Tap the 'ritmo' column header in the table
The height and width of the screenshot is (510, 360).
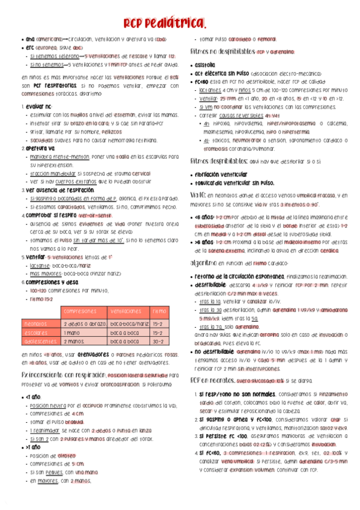(159, 312)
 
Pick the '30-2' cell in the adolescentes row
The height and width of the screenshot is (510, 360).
(158, 341)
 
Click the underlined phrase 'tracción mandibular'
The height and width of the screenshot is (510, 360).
(53, 173)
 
